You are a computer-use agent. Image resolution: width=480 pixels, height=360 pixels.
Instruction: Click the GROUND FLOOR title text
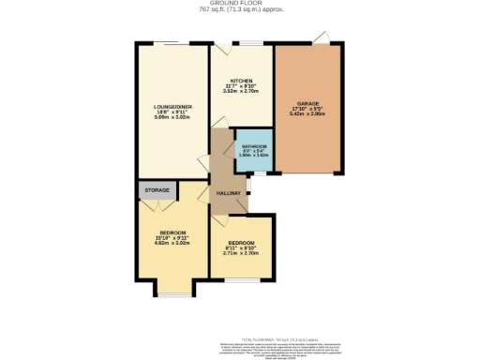coord(241,4)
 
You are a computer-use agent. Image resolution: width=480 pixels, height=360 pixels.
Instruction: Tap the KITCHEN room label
coord(241,82)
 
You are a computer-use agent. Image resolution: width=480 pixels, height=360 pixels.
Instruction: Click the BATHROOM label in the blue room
coord(253,148)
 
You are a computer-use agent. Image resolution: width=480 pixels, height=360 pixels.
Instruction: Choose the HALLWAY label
coord(229,193)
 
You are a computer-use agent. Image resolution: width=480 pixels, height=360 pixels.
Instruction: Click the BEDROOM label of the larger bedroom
coord(173,232)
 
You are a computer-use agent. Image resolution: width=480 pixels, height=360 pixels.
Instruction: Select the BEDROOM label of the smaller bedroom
coord(242,240)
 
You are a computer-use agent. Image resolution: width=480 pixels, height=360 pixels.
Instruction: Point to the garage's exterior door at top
coord(323,37)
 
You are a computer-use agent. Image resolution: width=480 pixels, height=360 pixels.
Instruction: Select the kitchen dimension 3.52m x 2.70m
coord(241,91)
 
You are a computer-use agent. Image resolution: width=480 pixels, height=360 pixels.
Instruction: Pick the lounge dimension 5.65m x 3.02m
coord(173,119)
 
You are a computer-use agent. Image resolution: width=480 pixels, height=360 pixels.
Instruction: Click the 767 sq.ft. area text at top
coord(241,10)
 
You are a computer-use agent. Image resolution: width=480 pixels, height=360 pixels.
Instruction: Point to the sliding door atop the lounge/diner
coord(172,43)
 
